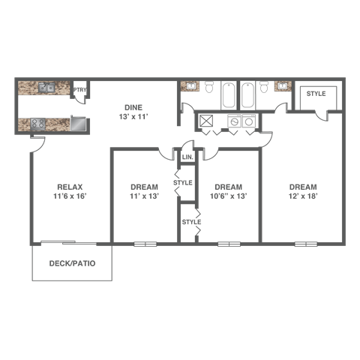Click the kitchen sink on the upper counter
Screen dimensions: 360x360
46,88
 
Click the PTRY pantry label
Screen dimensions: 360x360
81,91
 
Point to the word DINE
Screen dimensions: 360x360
133,107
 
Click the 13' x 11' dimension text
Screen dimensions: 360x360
133,117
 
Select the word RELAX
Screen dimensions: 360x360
69,187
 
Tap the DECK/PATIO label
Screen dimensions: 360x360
70,263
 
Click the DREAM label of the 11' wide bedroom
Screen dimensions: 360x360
143,187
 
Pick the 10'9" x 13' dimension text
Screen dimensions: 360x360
227,196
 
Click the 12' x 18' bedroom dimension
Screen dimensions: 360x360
302,196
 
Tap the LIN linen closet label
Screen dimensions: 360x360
186,157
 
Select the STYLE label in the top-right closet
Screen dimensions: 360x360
316,93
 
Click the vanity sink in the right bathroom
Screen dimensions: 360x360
283,86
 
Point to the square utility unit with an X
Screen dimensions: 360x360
206,121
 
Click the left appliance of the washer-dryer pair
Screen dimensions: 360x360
234,121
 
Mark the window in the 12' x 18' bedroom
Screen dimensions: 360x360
305,244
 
